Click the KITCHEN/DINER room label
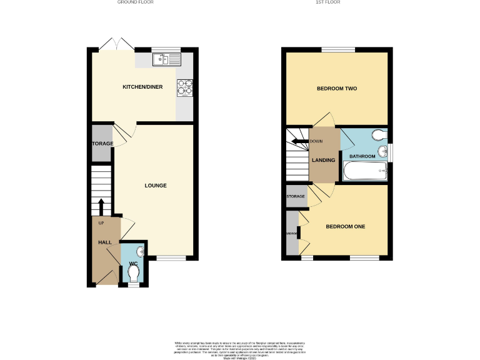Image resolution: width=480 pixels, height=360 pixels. (x=142, y=87)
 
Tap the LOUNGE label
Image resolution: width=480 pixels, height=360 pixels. (x=156, y=185)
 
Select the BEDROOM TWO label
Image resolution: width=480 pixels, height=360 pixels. (x=336, y=89)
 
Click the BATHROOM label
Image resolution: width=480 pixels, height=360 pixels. (x=362, y=156)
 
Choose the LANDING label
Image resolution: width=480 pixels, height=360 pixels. (x=325, y=160)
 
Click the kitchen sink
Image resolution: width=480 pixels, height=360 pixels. (x=166, y=59)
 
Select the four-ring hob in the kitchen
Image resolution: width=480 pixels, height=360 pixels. (x=184, y=87)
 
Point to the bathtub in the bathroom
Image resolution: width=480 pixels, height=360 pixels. (x=365, y=171)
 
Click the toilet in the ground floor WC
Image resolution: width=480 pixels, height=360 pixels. (x=132, y=274)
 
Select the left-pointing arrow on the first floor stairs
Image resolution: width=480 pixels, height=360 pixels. (x=301, y=142)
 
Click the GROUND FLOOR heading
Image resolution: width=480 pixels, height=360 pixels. (x=135, y=2)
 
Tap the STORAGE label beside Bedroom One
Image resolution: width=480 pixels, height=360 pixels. (x=296, y=196)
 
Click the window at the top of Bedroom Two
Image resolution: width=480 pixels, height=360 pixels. (x=337, y=49)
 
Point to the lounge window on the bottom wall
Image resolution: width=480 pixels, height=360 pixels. (x=171, y=257)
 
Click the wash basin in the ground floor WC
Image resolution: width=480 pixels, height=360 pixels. (x=140, y=251)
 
